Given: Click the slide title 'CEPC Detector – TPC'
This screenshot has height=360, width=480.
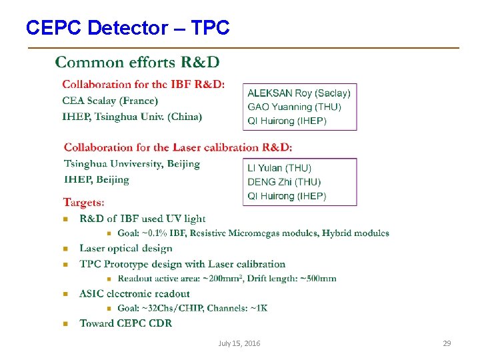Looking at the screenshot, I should (127, 28).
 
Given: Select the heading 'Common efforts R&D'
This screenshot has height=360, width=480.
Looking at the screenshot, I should (137, 63).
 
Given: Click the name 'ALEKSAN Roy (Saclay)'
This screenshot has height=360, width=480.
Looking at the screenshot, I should (299, 93).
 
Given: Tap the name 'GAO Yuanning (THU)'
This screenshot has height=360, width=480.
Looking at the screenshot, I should (294, 107).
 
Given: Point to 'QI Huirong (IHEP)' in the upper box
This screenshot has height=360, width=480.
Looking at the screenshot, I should (287, 121).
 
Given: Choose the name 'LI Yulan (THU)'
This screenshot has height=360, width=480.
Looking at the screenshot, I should (279, 168).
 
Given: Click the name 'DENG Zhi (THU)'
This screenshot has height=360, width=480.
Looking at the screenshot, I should (284, 182).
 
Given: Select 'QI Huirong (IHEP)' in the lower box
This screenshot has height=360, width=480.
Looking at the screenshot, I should (287, 196).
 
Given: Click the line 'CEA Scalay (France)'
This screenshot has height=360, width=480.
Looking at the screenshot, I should (110, 101).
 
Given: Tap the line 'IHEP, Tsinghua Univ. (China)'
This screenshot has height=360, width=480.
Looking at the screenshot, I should (132, 117).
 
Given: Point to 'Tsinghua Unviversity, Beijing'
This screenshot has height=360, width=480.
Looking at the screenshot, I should (132, 164).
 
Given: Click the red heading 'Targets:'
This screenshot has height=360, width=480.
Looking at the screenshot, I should (83, 202).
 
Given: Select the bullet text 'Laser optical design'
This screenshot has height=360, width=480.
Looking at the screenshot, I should (126, 248).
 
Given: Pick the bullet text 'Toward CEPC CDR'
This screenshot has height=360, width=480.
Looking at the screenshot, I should (126, 323).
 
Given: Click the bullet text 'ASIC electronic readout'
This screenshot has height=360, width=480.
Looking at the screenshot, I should (135, 293).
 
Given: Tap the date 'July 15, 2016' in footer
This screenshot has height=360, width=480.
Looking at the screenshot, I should (239, 343).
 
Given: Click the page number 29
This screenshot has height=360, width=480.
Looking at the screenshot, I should (447, 343).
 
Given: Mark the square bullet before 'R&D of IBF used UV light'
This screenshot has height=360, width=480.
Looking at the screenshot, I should (65, 219).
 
